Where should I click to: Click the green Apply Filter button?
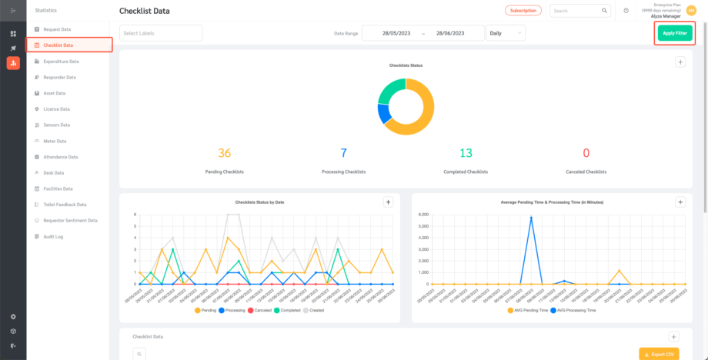coord(674,33)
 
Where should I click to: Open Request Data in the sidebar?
coord(56,29)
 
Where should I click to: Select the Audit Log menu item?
coord(53,236)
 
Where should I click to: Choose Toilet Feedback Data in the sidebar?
coord(65,205)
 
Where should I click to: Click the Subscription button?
coord(523,11)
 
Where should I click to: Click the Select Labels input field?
coord(160,33)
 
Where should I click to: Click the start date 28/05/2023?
coord(392,33)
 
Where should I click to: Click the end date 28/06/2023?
coord(453,33)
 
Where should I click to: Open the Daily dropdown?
coord(506,33)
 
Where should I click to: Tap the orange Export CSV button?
coord(659,355)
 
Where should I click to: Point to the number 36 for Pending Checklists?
coord(224,153)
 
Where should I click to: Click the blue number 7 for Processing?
coord(343,153)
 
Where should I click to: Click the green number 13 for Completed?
coord(466,153)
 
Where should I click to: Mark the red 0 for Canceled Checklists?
coord(586,153)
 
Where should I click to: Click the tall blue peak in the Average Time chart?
coord(531,218)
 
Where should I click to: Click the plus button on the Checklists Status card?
coord(680,62)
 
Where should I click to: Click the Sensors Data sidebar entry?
coord(56,125)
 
